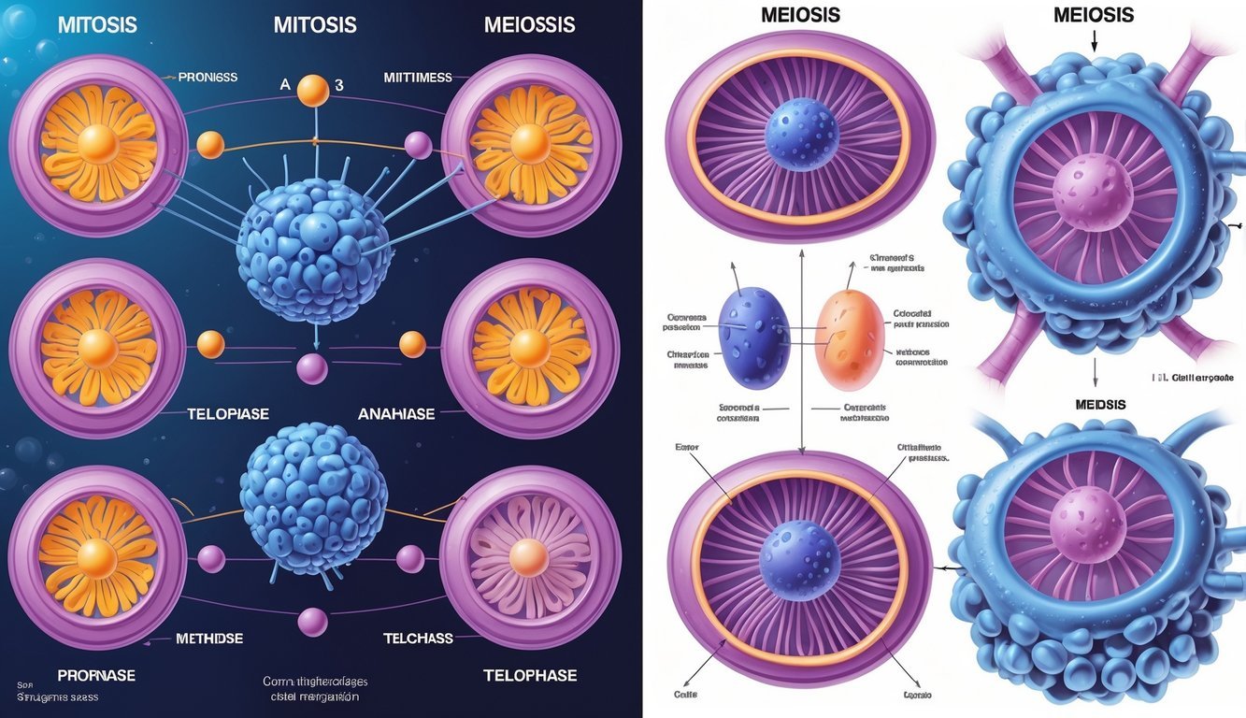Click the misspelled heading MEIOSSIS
[529, 24]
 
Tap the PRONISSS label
[207, 77]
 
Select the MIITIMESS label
[418, 77]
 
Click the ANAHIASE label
[396, 412]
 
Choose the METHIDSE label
[209, 639]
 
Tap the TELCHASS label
[418, 639]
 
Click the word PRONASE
[96, 675]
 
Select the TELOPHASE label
[530, 675]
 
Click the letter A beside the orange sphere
[285, 84]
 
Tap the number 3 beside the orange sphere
[339, 84]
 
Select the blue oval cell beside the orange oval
[756, 337]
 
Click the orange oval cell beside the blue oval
[850, 339]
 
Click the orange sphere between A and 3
[313, 91]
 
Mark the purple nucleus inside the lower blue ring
[1085, 520]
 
